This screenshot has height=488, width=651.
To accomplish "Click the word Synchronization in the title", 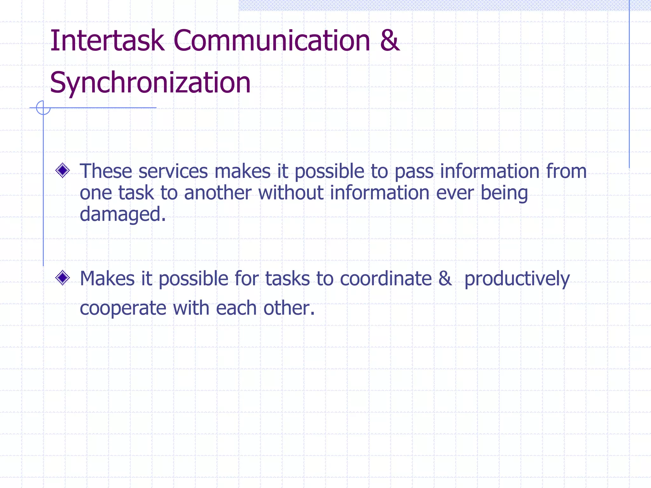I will (150, 83).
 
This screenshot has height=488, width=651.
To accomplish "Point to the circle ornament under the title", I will (43, 108).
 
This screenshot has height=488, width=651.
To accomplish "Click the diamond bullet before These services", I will (63, 171).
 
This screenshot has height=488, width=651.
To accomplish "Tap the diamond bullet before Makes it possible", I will (63, 278).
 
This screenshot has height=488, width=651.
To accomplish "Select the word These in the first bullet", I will (106, 171).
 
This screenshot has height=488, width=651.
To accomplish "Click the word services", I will (173, 171).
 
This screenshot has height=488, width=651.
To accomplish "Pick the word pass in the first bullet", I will (414, 172).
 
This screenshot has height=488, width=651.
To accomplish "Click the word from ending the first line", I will (566, 171).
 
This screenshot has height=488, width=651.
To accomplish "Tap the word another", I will (218, 193).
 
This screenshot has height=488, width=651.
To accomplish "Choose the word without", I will (291, 193).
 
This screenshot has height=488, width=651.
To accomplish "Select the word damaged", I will (122, 215).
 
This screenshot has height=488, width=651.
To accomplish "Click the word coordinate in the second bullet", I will (386, 279).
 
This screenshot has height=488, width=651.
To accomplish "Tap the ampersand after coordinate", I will (445, 279).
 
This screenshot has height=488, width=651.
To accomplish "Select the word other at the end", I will (289, 308).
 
